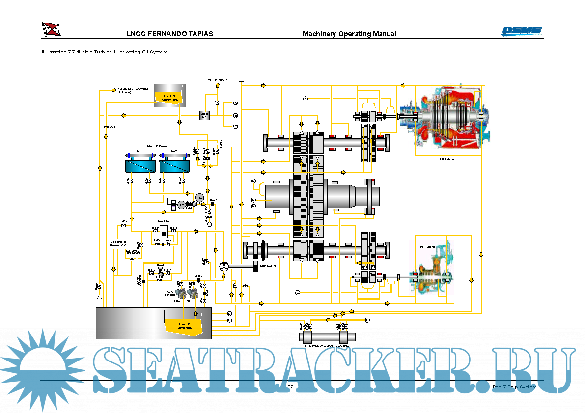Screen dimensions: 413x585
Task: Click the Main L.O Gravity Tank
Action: [x=169, y=95]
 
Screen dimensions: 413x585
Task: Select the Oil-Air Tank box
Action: [x=205, y=115]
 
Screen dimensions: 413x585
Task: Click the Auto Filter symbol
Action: [x=164, y=234]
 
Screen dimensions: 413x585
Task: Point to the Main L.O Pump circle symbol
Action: [x=224, y=266]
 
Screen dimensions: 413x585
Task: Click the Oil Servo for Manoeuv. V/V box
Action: [x=118, y=243]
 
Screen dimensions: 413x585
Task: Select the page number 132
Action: [x=289, y=387]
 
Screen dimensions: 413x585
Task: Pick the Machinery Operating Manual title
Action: [x=349, y=34]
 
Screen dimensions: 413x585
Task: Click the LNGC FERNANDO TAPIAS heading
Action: [x=170, y=34]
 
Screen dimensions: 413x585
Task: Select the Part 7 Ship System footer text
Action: [x=514, y=387]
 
